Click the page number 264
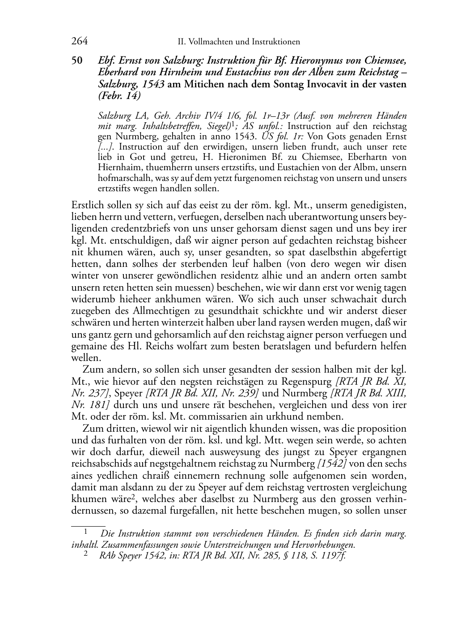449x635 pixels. click(79, 42)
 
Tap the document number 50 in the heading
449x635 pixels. click(77, 61)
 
